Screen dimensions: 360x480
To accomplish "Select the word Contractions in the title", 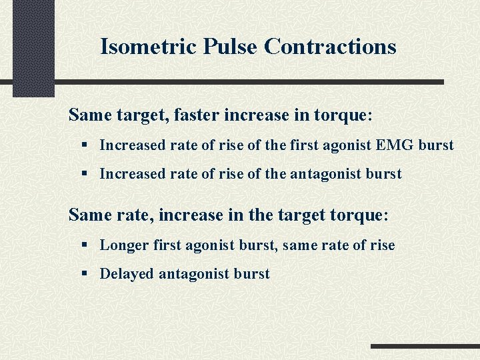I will (330, 47).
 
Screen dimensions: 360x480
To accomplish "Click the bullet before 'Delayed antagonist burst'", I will (85, 274).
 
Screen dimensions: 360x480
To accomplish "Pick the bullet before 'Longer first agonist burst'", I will (85, 245).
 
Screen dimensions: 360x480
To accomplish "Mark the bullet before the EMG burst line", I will (85, 145).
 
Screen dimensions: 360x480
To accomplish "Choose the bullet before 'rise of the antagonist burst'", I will (85, 174).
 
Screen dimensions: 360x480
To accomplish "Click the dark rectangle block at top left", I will (33, 47).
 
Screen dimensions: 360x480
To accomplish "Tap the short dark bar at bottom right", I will (425, 346).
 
